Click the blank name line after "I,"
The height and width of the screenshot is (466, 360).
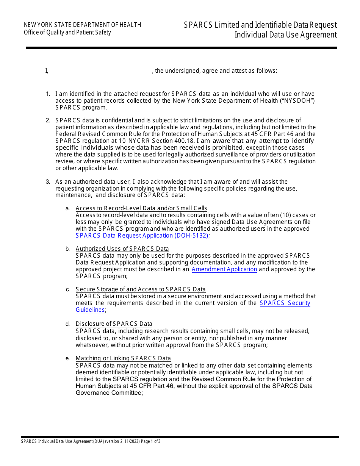pyautogui.click(x=100, y=71)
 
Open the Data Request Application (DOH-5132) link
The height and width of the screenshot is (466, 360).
pyautogui.click(x=155, y=236)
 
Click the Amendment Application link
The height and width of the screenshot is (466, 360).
pyautogui.click(x=224, y=269)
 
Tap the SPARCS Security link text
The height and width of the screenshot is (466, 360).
pyautogui.click(x=285, y=303)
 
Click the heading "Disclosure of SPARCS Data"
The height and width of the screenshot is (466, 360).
pyautogui.click(x=114, y=324)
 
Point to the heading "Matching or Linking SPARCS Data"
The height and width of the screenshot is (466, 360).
pyautogui.click(x=123, y=358)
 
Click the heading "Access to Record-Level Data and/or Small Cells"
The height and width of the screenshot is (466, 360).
pyautogui.click(x=141, y=208)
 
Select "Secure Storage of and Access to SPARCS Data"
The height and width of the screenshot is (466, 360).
pyautogui.click(x=141, y=289)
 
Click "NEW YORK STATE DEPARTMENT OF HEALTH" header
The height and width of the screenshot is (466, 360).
pyautogui.click(x=82, y=25)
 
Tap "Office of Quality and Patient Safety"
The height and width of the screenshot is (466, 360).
pyautogui.click(x=67, y=32)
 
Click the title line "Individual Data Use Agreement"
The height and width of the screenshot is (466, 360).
pyautogui.click(x=285, y=35)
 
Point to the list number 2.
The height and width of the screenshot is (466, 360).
pyautogui.click(x=48, y=120)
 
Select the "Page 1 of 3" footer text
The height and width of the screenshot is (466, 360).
pyautogui.click(x=151, y=441)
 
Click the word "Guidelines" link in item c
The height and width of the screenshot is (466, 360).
pyautogui.click(x=90, y=310)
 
